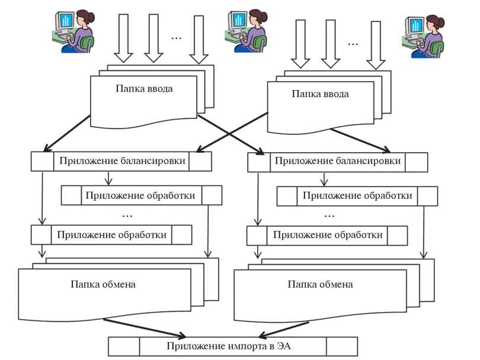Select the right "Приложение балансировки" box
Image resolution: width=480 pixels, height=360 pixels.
click(x=337, y=161)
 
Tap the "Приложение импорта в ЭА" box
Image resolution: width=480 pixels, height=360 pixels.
click(x=233, y=345)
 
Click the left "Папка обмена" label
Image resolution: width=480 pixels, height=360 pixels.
click(x=104, y=284)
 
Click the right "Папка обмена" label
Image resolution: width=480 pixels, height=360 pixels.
click(x=321, y=284)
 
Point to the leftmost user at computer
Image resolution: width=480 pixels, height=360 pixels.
click(x=72, y=31)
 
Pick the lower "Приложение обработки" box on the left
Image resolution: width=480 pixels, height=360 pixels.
click(x=112, y=234)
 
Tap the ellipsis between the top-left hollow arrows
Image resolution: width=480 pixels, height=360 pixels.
click(x=177, y=38)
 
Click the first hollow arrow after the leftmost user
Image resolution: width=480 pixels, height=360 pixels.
click(x=124, y=38)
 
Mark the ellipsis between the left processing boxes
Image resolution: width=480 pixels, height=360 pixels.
click(x=126, y=214)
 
